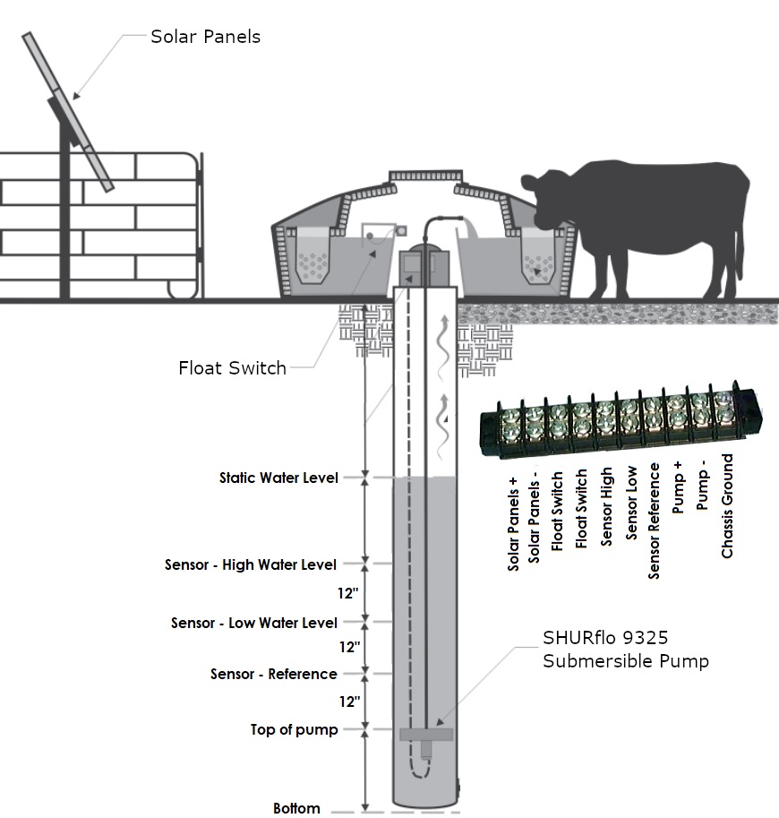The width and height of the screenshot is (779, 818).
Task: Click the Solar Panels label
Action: click(205, 37)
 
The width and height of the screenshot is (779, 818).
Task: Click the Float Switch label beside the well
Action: click(232, 367)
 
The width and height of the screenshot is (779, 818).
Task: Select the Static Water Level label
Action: click(278, 478)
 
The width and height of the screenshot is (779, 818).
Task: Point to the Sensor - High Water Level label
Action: click(251, 564)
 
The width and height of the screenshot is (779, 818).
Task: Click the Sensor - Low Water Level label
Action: click(254, 623)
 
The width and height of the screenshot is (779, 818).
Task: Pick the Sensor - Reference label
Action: click(274, 674)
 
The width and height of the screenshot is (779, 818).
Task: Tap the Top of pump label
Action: click(294, 729)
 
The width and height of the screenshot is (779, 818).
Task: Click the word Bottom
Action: click(296, 808)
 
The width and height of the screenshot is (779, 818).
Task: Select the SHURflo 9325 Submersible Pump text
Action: click(625, 650)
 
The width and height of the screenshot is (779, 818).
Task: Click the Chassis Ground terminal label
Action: click(727, 506)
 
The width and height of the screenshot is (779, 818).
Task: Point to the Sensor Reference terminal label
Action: click(655, 521)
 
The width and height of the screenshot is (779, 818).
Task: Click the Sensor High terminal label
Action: click(607, 506)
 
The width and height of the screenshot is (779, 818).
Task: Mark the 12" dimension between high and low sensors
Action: click(349, 593)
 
